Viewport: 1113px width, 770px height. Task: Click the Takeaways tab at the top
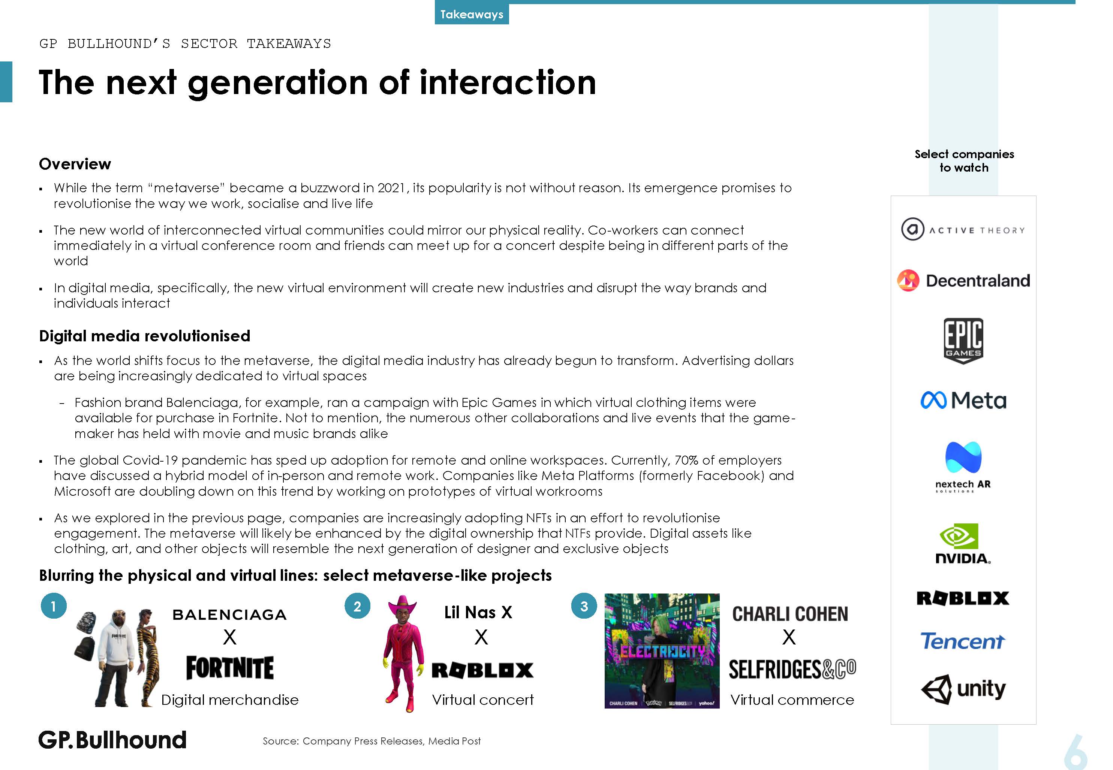472,14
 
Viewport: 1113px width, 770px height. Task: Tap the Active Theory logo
962,229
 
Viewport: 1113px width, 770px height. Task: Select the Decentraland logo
963,280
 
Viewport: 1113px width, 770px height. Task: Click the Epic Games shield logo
963,341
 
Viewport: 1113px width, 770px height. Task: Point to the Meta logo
963,400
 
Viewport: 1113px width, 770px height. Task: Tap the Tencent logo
962,641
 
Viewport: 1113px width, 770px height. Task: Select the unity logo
963,689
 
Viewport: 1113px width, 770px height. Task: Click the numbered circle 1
54,606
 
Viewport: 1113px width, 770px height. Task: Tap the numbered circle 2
357,606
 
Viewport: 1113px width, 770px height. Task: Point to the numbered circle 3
584,606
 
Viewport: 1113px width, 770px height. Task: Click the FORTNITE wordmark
230,668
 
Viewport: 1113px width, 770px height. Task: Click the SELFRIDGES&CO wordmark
792,669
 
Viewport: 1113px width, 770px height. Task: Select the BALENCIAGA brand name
230,615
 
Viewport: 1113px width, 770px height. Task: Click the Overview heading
75,164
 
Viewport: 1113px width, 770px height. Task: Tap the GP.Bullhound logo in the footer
112,740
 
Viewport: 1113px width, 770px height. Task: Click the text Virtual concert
483,700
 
